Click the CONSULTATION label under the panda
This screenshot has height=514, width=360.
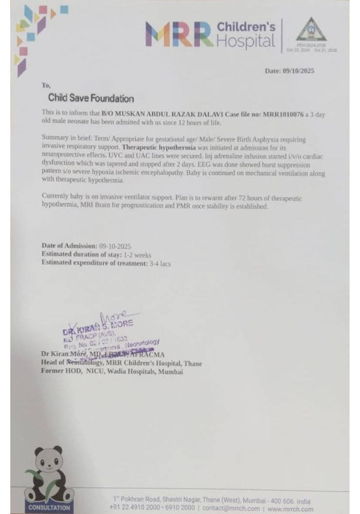[49, 508]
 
